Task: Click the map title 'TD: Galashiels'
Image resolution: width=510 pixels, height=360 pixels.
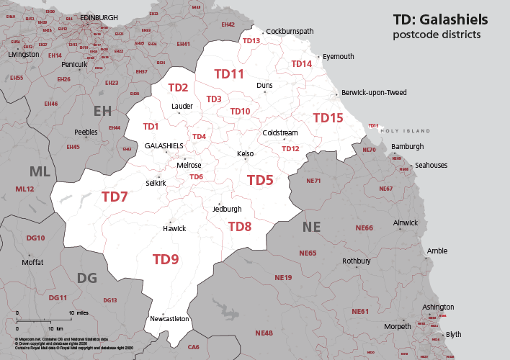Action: (439, 19)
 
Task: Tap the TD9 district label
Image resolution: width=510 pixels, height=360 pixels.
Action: (165, 259)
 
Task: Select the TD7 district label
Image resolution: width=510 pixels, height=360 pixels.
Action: (115, 197)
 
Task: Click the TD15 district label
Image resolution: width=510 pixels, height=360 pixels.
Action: (328, 117)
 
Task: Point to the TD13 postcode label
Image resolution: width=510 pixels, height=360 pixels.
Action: (251, 41)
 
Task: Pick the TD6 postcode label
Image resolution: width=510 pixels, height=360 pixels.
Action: (196, 177)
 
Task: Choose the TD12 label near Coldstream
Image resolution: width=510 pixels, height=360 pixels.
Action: (290, 149)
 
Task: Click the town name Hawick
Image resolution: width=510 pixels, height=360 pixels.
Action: (174, 228)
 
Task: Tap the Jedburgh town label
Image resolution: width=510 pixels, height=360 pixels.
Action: (227, 209)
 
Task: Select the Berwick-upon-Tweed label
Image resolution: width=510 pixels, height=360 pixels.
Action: (374, 93)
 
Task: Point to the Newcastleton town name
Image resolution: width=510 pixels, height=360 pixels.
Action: (169, 318)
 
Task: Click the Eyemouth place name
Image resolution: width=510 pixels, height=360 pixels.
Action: (339, 56)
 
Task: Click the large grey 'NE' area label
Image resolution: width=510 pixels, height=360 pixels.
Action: (311, 228)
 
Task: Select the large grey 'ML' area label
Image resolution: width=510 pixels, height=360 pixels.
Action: (40, 171)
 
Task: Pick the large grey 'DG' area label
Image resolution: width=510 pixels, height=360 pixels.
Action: (86, 278)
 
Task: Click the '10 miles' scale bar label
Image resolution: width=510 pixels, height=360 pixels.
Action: (79, 313)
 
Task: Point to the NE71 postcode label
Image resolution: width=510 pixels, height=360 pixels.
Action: (313, 181)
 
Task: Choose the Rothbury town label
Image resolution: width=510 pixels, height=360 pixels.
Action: (356, 261)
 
